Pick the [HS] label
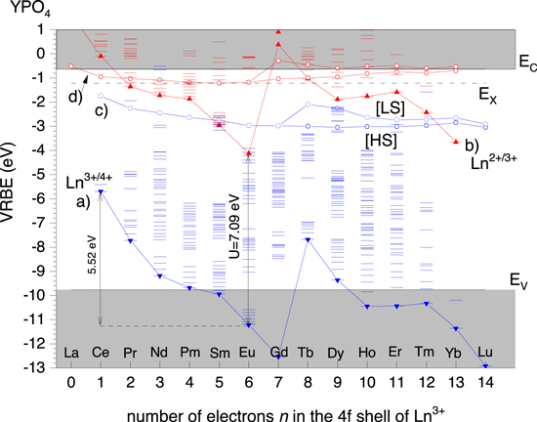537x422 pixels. click(x=381, y=140)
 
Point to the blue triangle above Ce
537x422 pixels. click(x=101, y=192)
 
